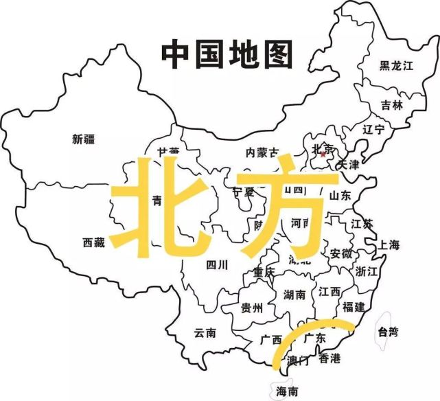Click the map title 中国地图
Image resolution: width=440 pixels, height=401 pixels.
227,54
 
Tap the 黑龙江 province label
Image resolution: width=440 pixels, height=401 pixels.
398,66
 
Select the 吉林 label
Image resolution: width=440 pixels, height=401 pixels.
392,105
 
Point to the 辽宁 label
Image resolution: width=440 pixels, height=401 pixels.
374,129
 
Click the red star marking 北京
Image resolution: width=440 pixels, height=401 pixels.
323,154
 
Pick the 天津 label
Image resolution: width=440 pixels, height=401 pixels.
347,165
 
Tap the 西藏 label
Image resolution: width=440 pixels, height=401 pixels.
94,242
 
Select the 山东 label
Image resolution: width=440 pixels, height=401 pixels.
340,195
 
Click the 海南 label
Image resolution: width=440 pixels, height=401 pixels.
287,391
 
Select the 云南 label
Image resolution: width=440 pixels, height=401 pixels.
205,333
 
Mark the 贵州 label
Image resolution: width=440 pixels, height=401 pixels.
251,308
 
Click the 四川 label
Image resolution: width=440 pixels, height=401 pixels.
217,264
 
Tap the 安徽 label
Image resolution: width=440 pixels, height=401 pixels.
340,253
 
